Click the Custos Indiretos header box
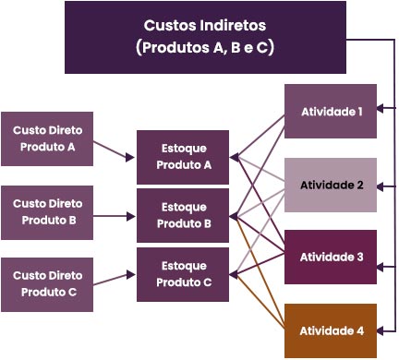pos(205,37)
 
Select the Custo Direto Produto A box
pos(46,138)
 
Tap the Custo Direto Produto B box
pos(46,211)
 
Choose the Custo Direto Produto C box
pos(46,283)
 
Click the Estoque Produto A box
pos(184,157)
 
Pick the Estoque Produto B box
pos(184,216)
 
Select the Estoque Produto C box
pos(184,274)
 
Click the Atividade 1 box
pos(331,111)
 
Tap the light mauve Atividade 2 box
pos(331,185)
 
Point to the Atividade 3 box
pos(331,258)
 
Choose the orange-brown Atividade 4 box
pos(331,330)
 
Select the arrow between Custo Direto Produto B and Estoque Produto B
pos(115,217)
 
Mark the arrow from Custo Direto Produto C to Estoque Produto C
pos(115,276)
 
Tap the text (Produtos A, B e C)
pos(205,47)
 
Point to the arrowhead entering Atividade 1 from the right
pos(381,111)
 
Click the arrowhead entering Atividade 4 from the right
pos(381,330)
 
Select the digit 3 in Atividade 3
pos(360,258)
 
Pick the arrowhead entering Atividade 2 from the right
pos(381,185)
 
